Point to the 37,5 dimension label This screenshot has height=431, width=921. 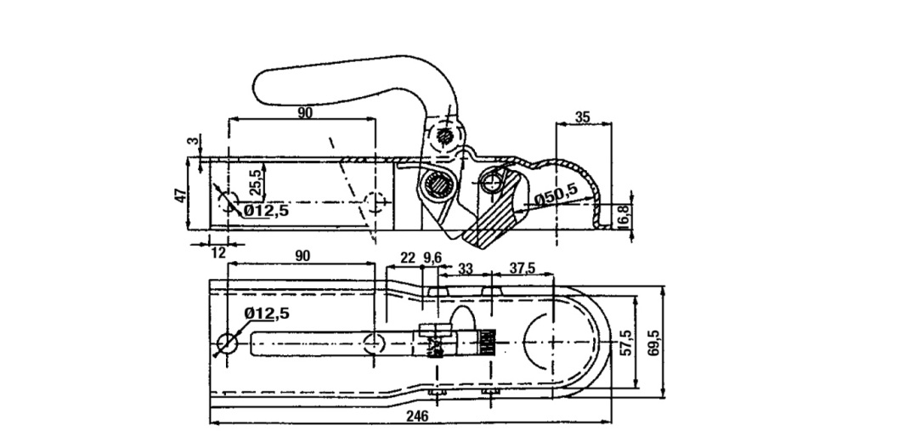[522, 267]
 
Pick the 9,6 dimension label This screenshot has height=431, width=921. [432, 258]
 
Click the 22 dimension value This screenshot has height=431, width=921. [407, 258]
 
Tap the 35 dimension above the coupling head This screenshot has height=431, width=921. [583, 117]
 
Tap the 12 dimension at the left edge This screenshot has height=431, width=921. [218, 253]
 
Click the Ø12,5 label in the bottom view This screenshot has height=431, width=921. [266, 314]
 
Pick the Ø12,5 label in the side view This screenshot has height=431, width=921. [266, 210]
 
